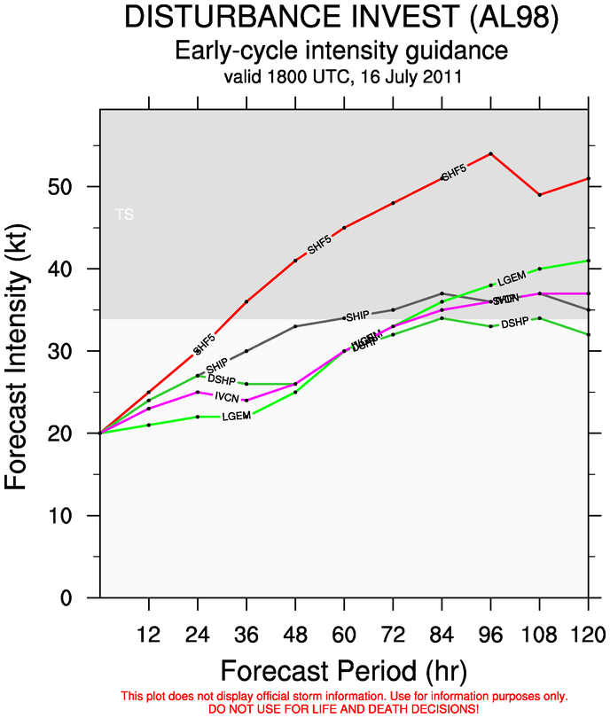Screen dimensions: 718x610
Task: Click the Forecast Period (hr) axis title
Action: pos(343,667)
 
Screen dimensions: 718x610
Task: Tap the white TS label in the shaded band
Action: pos(125,215)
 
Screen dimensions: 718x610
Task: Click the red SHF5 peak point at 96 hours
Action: pos(490,153)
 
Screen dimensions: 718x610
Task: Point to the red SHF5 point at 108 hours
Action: pos(539,195)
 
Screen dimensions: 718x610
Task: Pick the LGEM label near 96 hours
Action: pos(512,280)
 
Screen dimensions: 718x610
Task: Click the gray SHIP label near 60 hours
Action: pos(357,316)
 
